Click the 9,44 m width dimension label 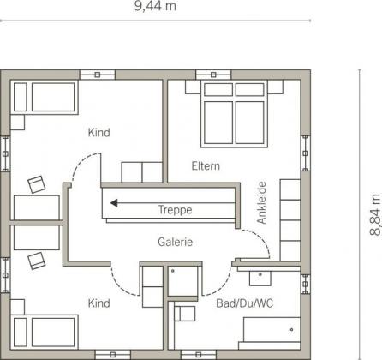(155, 6)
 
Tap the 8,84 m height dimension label (375, 214)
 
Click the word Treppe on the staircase (175, 210)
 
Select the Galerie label (175, 242)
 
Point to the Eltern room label (206, 166)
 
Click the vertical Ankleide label (261, 202)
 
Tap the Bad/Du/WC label (245, 303)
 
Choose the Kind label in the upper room (98, 133)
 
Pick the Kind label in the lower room (98, 303)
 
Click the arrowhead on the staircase (114, 203)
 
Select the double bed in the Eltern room (234, 114)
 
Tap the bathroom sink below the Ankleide (260, 279)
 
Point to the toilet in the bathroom (185, 314)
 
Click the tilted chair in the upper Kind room (37, 184)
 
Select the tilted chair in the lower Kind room (37, 261)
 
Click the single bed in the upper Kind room (45, 97)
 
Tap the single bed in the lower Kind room (45, 332)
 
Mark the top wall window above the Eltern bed (213, 75)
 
